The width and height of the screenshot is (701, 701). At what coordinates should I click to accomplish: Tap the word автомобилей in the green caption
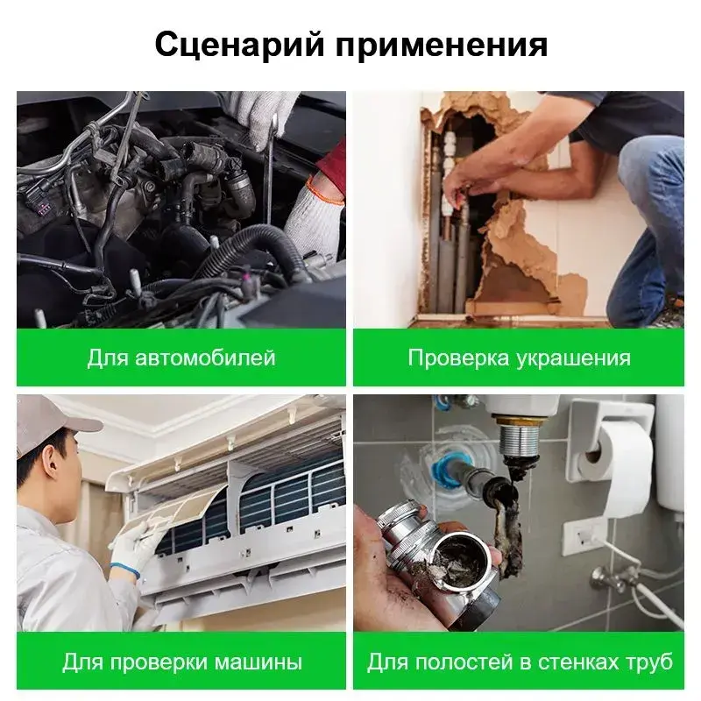coord(205,358)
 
